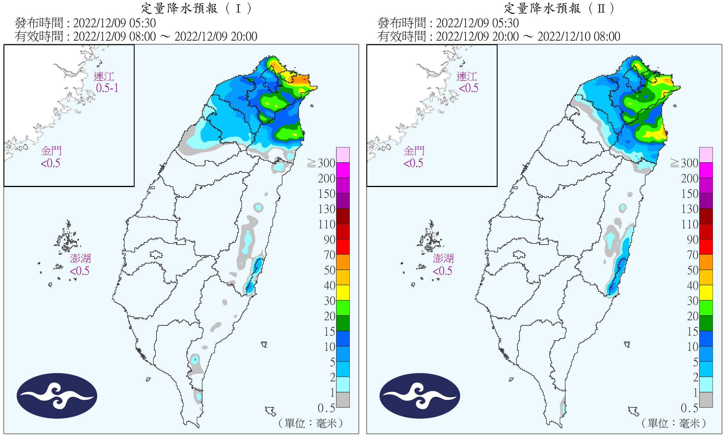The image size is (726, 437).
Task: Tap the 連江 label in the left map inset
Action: [x=104, y=77]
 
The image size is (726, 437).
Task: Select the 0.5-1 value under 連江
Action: [x=107, y=88]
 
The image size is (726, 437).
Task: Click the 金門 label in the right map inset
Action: [x=414, y=151]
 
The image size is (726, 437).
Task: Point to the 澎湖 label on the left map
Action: [x=80, y=258]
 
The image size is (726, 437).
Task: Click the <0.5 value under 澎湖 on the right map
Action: [x=442, y=271]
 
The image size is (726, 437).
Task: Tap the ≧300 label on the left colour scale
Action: [x=321, y=163]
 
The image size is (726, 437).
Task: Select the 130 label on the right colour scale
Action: [x=690, y=209]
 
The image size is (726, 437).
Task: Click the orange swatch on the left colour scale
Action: [x=343, y=262]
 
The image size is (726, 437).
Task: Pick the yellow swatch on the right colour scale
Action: [x=706, y=293]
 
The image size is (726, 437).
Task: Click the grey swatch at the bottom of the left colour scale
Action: [x=343, y=400]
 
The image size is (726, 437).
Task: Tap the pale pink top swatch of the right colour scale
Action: [x=706, y=155]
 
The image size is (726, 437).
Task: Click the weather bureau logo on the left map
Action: [x=57, y=396]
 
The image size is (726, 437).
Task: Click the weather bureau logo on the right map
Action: [x=420, y=396]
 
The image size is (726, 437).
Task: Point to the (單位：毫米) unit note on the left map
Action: [x=310, y=423]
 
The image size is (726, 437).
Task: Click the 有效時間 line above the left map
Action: [x=136, y=36]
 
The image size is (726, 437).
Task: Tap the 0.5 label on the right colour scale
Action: [x=689, y=408]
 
